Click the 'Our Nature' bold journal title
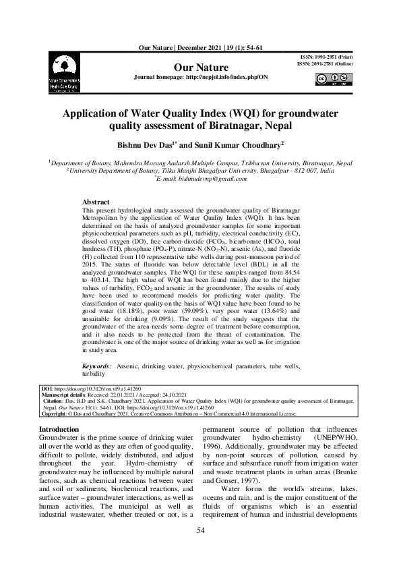202,67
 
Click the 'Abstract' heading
96,202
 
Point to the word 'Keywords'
96,365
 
